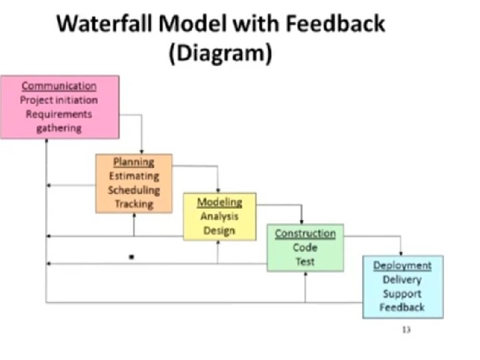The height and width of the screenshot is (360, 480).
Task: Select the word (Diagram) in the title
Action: point(221,54)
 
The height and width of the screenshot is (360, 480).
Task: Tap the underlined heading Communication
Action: point(59,86)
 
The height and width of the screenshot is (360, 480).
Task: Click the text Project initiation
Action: point(59,100)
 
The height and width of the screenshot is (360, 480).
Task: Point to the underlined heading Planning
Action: point(133,162)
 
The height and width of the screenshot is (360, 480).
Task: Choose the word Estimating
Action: point(134,176)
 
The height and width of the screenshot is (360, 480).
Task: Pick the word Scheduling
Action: point(134,190)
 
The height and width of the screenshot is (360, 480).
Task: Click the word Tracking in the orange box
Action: point(134,204)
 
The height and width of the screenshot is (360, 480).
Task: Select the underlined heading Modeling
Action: point(219,202)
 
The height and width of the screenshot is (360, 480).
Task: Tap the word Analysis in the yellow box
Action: point(219,216)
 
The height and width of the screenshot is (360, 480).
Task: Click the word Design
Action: point(219,231)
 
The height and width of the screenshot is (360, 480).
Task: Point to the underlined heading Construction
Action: point(305,233)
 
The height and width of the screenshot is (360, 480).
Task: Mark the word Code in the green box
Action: point(305,247)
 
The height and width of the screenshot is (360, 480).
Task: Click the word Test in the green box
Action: point(305,261)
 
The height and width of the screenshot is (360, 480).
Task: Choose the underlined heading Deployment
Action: point(402,265)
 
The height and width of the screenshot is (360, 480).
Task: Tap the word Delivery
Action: point(402,279)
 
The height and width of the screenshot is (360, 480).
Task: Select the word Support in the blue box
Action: point(402,293)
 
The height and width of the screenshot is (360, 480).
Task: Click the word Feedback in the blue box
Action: point(402,307)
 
